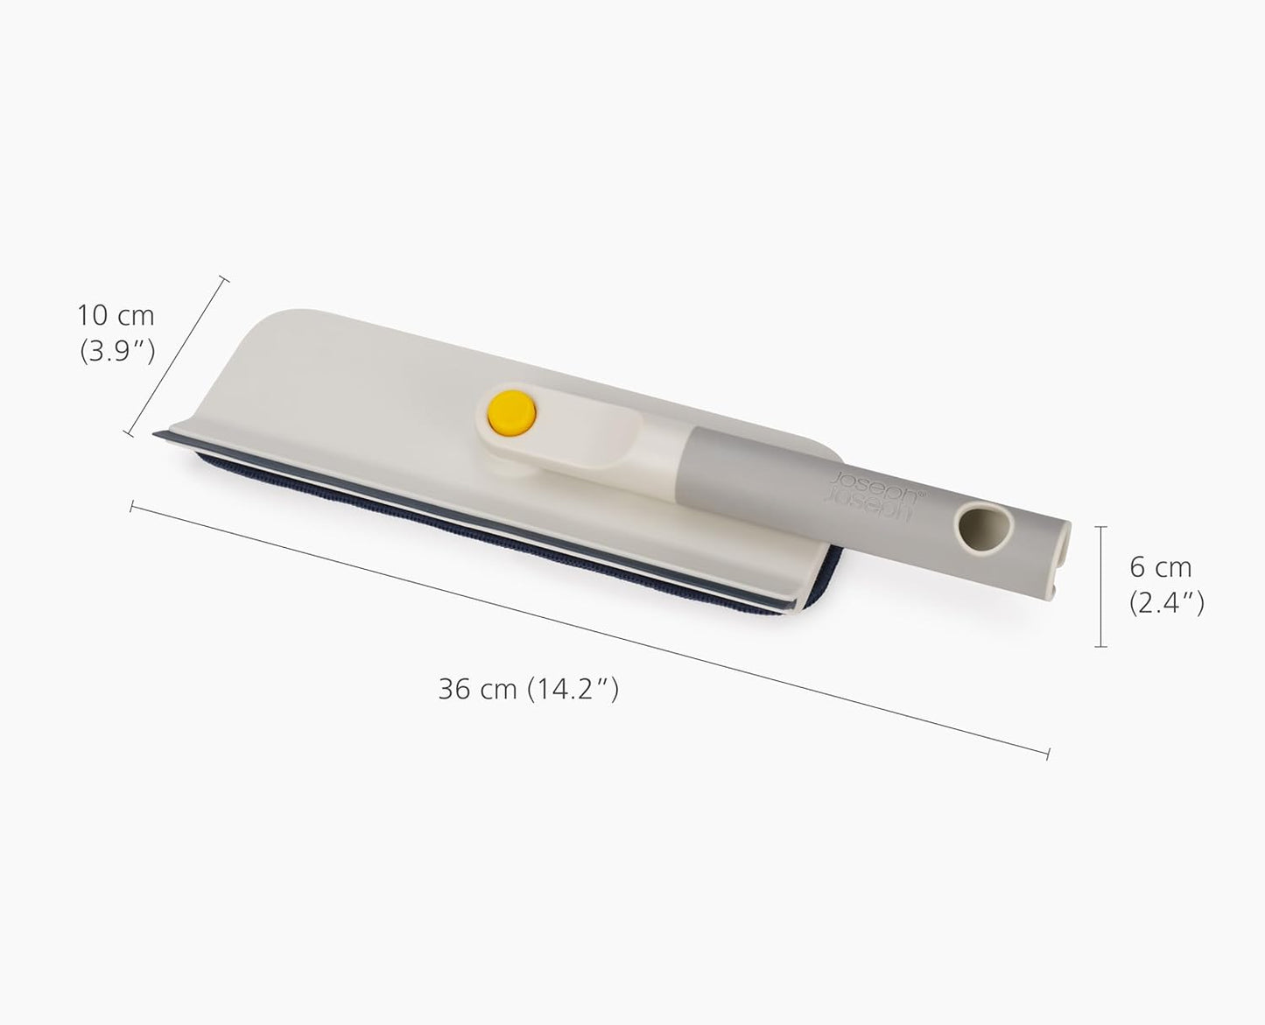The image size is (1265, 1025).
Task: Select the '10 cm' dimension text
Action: coord(116,315)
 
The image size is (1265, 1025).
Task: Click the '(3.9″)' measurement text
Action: coord(117,351)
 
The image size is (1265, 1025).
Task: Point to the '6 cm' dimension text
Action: coord(1161,568)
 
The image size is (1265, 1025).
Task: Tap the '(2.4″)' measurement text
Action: coord(1166,603)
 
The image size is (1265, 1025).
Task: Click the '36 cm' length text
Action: coord(477,690)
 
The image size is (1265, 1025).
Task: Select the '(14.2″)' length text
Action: coord(573,690)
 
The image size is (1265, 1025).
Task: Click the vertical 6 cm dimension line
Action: coord(1100,586)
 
